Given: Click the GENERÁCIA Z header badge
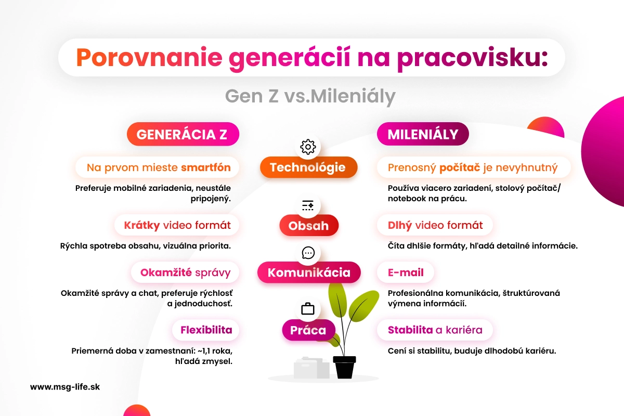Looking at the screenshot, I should pyautogui.click(x=182, y=135).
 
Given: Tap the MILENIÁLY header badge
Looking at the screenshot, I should pyautogui.click(x=422, y=135).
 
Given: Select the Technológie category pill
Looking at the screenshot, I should pyautogui.click(x=308, y=167).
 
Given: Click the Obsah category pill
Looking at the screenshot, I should pyautogui.click(x=308, y=226).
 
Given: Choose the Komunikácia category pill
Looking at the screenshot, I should pyautogui.click(x=309, y=272).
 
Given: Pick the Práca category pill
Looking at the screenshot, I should pyautogui.click(x=308, y=330).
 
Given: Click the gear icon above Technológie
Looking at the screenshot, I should pyautogui.click(x=308, y=147).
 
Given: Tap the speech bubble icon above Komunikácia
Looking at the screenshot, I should pyautogui.click(x=308, y=253).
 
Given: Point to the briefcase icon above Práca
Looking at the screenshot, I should pyautogui.click(x=308, y=309).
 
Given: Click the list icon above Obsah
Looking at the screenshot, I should pyautogui.click(x=308, y=205).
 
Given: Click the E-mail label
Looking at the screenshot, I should pyautogui.click(x=406, y=272).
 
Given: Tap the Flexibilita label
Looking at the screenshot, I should pyautogui.click(x=206, y=330).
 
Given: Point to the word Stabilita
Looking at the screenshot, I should pyautogui.click(x=410, y=330).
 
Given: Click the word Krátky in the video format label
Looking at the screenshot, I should pyautogui.click(x=141, y=226).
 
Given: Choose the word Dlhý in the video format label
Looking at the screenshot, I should pyautogui.click(x=400, y=226).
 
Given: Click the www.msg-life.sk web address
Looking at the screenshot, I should pyautogui.click(x=64, y=387).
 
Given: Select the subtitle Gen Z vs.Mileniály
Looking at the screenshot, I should pyautogui.click(x=310, y=96).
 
